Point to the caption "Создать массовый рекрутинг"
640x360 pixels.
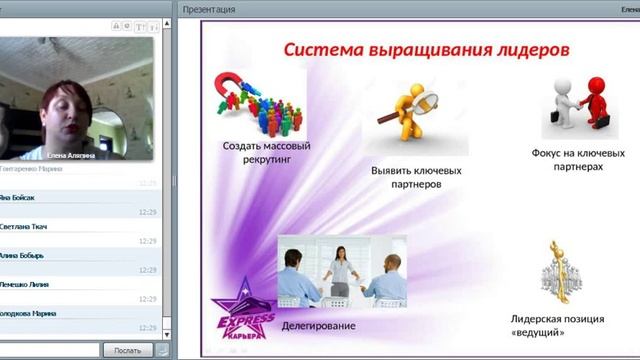click(x=266, y=153)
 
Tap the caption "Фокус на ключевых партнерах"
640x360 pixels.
click(x=578, y=160)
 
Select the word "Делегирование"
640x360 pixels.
click(x=318, y=326)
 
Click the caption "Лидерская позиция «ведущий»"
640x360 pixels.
click(x=556, y=325)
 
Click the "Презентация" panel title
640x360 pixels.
click(x=209, y=9)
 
